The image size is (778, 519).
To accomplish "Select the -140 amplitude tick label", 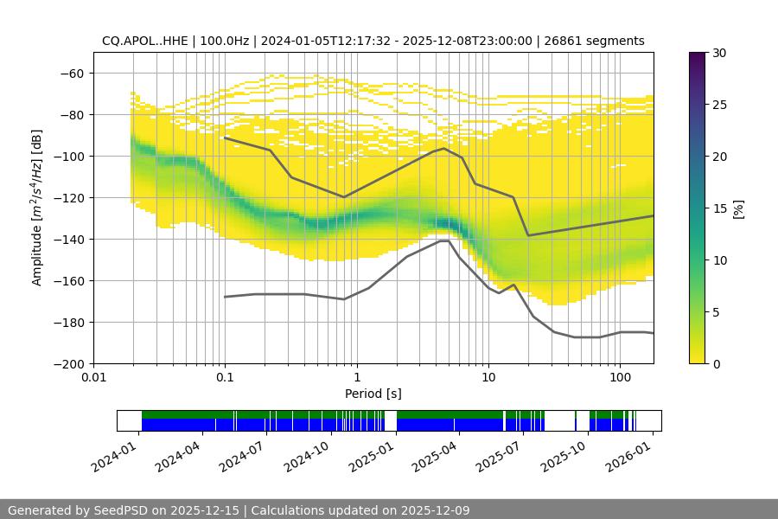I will coord(70,239).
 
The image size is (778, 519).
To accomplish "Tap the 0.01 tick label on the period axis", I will coord(93,377).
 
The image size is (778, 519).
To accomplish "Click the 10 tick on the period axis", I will coord(488,377).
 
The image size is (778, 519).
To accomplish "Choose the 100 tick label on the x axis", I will coord(620,377).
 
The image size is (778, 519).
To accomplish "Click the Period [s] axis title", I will coord(373,394).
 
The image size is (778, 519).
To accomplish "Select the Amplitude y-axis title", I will coord(37,208).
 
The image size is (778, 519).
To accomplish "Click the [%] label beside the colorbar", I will coord(738,208).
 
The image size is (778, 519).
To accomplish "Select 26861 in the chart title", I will coord(563,41).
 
